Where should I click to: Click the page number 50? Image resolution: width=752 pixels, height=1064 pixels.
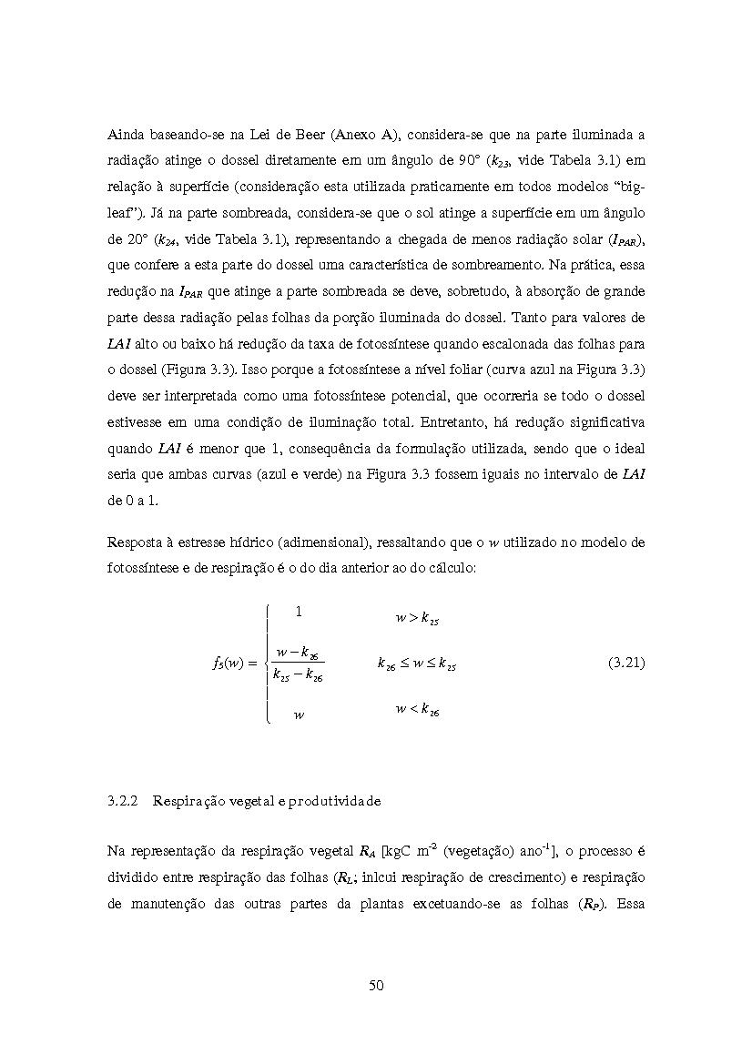click(376, 985)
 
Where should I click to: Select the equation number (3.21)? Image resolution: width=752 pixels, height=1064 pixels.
click(625, 664)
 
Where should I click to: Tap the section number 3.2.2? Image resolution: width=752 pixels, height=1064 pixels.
click(122, 802)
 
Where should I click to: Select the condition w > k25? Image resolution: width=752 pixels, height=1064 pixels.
click(417, 619)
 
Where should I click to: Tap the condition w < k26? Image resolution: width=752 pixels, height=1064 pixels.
click(417, 709)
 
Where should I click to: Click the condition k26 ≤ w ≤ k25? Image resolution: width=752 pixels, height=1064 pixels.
click(417, 664)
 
